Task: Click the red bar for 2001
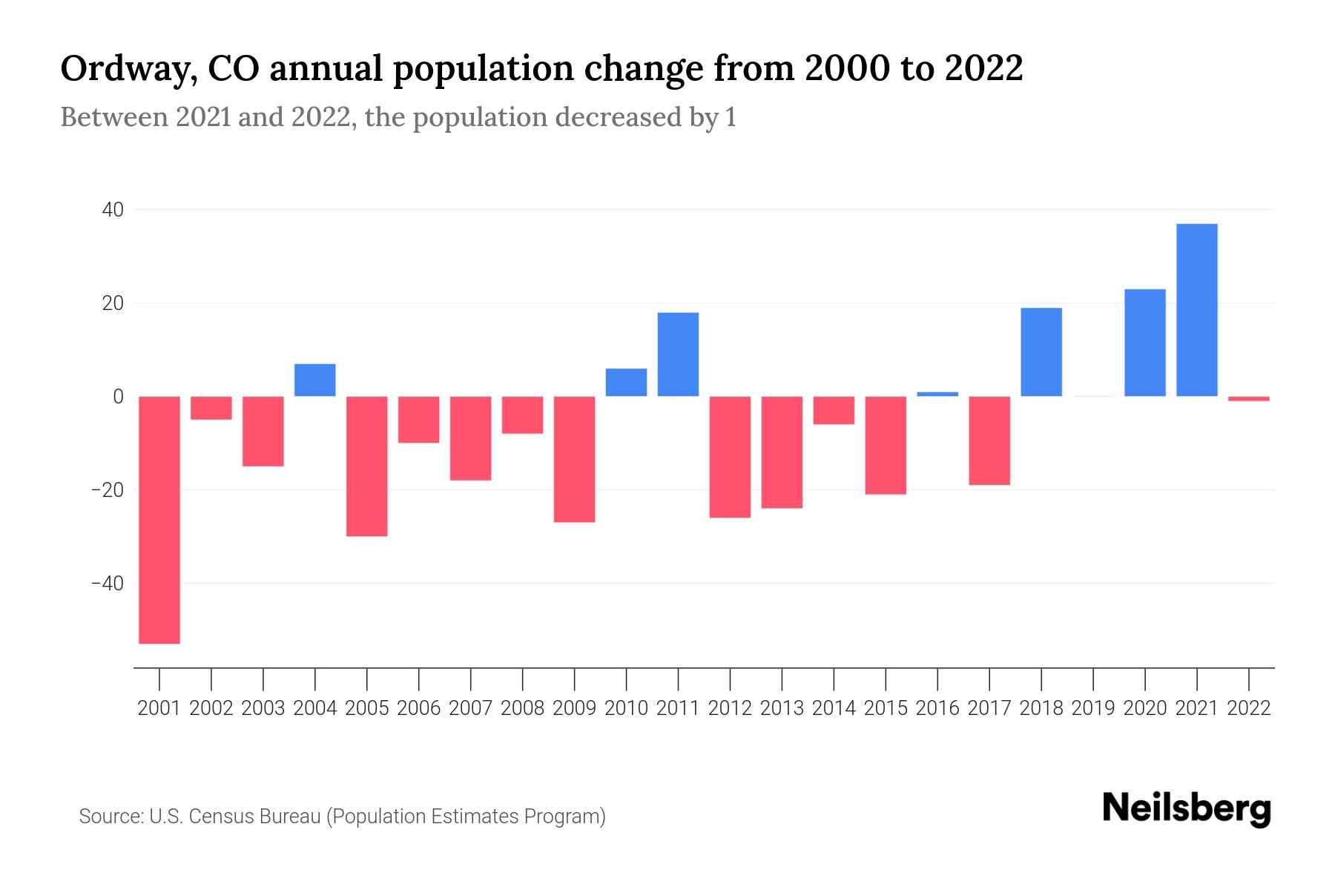click(x=159, y=519)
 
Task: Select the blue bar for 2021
click(x=1197, y=310)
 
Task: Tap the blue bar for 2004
click(x=315, y=380)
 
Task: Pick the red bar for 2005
click(x=367, y=466)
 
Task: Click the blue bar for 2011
click(x=678, y=355)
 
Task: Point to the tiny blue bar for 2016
click(x=937, y=394)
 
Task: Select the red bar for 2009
click(x=575, y=459)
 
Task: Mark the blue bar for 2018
click(x=1041, y=352)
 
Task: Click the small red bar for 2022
click(x=1249, y=399)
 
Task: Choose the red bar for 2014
click(x=834, y=410)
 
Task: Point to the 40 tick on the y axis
click(x=113, y=210)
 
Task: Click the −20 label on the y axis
click(x=108, y=490)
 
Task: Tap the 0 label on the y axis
click(x=118, y=397)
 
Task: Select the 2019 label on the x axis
click(x=1093, y=708)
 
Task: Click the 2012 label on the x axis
click(x=730, y=708)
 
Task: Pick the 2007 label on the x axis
click(x=470, y=708)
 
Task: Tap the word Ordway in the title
click(x=128, y=69)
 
